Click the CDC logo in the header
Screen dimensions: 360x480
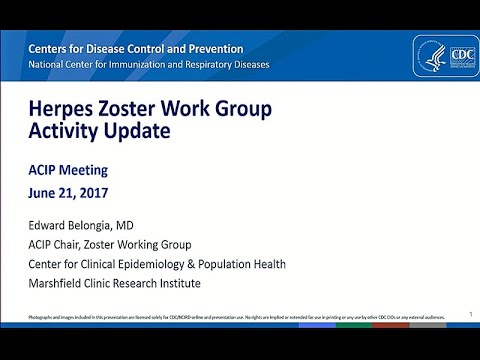(437, 56)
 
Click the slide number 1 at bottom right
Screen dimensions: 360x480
(470, 314)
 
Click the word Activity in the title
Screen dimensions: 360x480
(61, 131)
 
